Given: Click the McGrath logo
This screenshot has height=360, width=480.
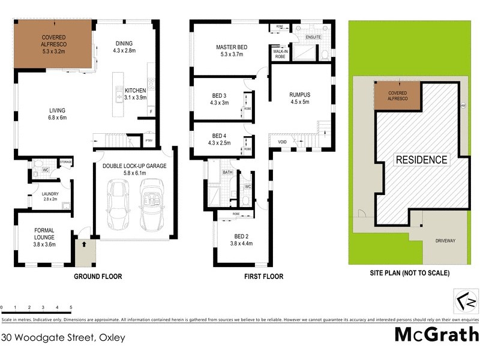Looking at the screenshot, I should (x=436, y=335).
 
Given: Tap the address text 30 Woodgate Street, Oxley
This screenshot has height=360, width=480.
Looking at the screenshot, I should (x=63, y=338).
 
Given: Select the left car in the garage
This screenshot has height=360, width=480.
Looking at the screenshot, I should (x=117, y=205).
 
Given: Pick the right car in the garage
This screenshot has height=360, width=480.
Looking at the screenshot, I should (x=151, y=205).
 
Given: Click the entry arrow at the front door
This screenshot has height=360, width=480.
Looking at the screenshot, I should (x=85, y=245).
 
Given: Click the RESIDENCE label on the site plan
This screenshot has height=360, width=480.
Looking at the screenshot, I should (x=421, y=160).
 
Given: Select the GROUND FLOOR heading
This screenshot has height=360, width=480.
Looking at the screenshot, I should (x=98, y=277).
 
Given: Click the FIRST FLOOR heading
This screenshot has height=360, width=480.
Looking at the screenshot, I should (x=263, y=277).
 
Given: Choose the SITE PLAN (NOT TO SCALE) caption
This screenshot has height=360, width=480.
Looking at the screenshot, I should (x=409, y=272).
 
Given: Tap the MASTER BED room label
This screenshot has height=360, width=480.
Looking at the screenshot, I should (x=232, y=47).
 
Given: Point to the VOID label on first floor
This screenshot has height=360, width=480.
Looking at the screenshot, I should (x=282, y=142).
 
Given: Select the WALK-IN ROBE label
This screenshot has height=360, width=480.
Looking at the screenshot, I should (x=280, y=53).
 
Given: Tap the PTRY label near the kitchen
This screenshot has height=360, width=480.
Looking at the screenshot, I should (x=149, y=140).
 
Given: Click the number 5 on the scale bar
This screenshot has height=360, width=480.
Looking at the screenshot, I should (x=71, y=307).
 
